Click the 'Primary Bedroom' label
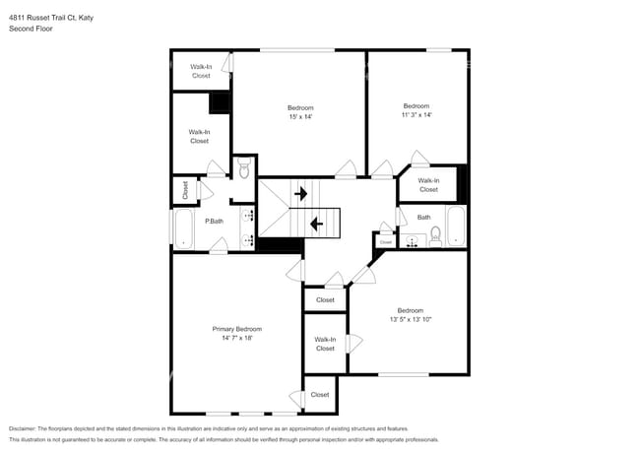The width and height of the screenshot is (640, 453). (x=237, y=328)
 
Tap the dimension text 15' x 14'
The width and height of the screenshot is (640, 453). (x=300, y=117)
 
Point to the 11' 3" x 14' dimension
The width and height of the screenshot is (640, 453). (x=416, y=115)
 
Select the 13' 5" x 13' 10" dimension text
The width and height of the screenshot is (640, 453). (x=411, y=320)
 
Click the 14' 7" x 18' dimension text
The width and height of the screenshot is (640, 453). (x=237, y=338)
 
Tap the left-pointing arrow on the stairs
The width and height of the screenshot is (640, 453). (x=317, y=224)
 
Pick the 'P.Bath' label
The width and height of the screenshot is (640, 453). (x=214, y=222)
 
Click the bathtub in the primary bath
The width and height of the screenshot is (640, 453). (x=184, y=228)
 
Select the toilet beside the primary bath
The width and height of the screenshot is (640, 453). (x=244, y=171)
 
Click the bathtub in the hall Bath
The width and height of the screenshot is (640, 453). (x=457, y=226)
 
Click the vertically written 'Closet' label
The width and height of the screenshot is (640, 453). (x=184, y=189)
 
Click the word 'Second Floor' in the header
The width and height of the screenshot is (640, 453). (x=31, y=30)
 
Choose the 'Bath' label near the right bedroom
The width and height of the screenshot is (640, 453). (x=423, y=217)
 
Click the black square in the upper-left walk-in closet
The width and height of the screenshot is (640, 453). (x=219, y=102)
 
